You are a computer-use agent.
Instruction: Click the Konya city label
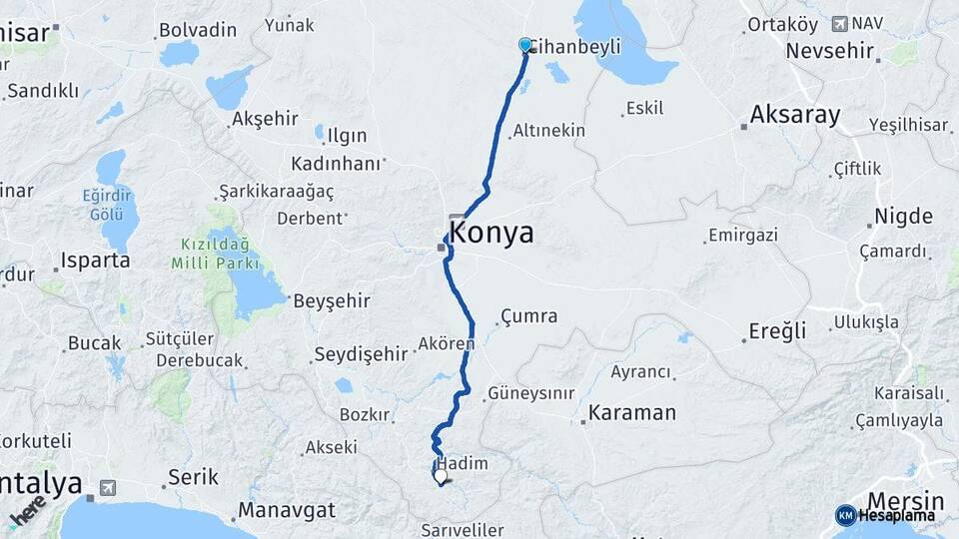(x=491, y=234)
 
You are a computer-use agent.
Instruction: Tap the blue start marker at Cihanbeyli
(x=525, y=45)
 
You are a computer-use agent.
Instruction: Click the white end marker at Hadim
(x=441, y=476)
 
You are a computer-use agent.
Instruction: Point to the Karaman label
(x=632, y=412)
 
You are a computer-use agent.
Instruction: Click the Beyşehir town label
(x=331, y=299)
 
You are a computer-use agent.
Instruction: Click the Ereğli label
(x=779, y=331)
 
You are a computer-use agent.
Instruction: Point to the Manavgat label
(x=286, y=512)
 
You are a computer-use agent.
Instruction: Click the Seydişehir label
(x=361, y=353)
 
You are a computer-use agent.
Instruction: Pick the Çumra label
(x=528, y=316)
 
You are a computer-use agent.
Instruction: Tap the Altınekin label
(x=548, y=131)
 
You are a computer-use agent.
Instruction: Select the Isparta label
(x=96, y=261)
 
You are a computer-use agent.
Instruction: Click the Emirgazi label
(x=741, y=236)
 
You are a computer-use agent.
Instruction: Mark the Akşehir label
(x=265, y=119)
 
